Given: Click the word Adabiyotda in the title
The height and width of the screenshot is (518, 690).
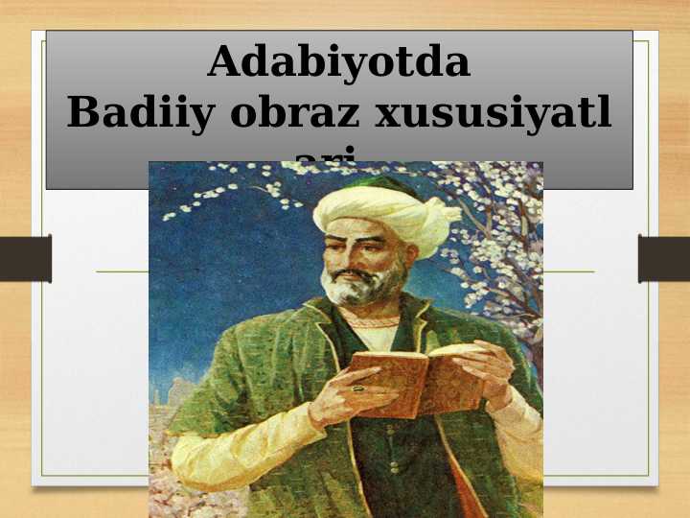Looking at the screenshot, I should pyautogui.click(x=339, y=62).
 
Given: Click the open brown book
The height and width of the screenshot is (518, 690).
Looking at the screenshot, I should pyautogui.click(x=417, y=379).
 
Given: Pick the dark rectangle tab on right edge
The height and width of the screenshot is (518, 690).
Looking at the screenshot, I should pyautogui.click(x=663, y=259).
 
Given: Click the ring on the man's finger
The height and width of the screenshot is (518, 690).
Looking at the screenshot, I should pyautogui.click(x=358, y=388).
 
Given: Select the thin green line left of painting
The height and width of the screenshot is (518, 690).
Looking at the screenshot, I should pyautogui.click(x=122, y=271).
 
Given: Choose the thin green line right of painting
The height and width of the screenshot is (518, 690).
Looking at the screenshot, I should pyautogui.click(x=567, y=271).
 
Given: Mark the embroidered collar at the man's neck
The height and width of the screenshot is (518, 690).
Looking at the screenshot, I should pyautogui.click(x=376, y=323).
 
